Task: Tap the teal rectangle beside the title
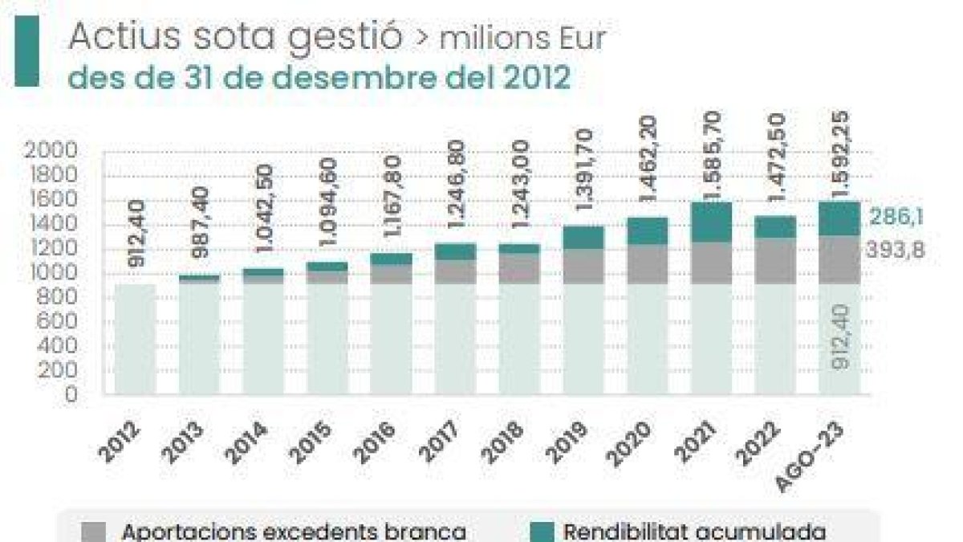click(27, 52)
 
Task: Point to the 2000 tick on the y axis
click(51, 150)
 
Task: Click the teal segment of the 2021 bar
click(710, 222)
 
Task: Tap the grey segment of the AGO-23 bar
click(839, 259)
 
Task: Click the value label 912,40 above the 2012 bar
click(135, 247)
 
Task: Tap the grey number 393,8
click(895, 251)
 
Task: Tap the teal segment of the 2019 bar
click(583, 237)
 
